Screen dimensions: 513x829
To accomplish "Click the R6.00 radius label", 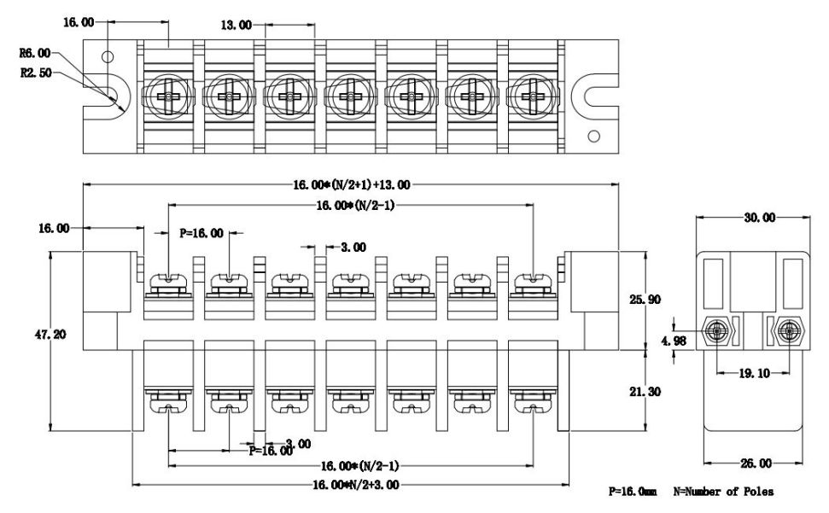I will point(34,53).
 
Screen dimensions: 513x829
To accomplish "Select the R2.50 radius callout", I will point(34,73).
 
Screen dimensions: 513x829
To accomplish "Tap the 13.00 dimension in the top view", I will point(236,26).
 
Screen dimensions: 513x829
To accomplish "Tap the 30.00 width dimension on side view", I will point(758,218).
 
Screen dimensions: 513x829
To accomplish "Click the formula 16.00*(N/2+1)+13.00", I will point(351,184).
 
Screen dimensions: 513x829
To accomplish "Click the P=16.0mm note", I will point(633,493).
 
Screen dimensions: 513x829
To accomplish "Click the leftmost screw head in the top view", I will point(168,95).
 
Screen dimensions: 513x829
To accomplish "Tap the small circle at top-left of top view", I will point(107,56).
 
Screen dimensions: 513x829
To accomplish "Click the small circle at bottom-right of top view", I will point(596,134).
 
